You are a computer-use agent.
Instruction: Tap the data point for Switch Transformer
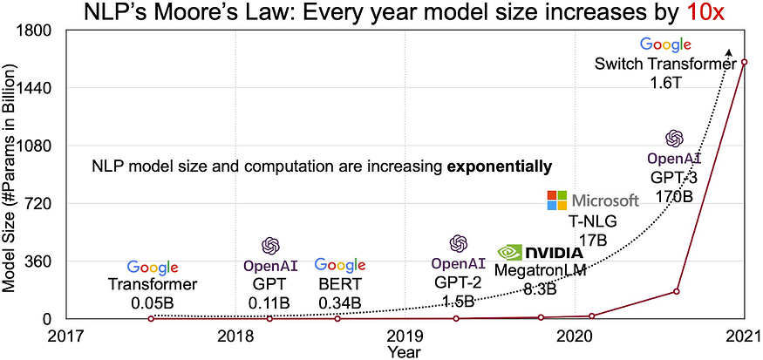(745, 61)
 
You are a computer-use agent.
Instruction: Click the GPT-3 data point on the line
(678, 291)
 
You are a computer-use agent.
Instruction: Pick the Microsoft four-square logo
(556, 200)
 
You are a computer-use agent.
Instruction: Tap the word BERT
(340, 284)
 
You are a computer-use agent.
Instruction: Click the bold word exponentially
(500, 165)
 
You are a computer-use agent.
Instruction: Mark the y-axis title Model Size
(12, 174)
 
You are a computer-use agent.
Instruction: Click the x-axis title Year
(405, 351)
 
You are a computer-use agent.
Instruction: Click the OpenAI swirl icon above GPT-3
(674, 138)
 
